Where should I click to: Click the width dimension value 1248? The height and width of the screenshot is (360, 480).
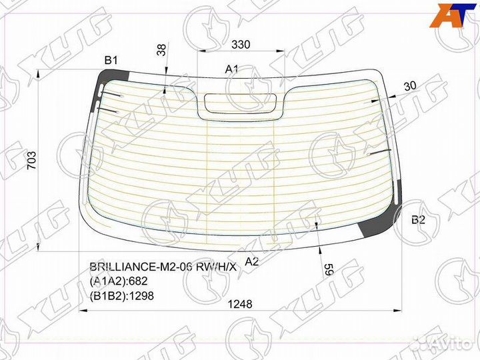click(x=240, y=304)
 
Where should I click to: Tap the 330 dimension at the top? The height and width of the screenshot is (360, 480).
click(x=241, y=45)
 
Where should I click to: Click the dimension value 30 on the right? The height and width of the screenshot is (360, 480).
click(x=410, y=85)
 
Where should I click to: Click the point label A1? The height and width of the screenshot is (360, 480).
click(x=231, y=69)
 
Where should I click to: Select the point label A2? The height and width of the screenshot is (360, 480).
click(x=251, y=261)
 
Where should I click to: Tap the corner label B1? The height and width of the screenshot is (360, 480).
click(x=111, y=61)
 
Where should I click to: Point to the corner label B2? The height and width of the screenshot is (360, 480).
click(x=418, y=220)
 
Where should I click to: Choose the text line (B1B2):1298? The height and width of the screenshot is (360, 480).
click(x=122, y=295)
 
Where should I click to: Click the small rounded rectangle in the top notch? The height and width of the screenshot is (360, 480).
click(x=241, y=103)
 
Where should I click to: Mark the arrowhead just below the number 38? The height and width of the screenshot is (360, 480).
click(x=165, y=86)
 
